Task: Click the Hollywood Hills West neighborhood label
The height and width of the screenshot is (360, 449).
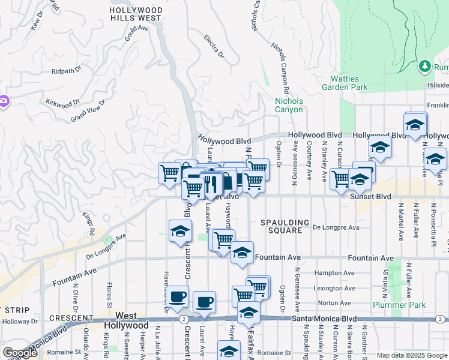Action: [x=136, y=14]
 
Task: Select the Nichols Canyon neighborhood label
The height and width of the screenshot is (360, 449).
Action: [x=289, y=105]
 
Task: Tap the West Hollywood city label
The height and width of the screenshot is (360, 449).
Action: [x=126, y=320]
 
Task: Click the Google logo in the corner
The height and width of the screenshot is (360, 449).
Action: [x=20, y=352]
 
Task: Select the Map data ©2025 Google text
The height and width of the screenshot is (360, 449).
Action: [x=412, y=355]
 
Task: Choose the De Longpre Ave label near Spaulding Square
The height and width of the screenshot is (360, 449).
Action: [x=336, y=227]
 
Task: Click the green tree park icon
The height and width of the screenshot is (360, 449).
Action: [x=425, y=65]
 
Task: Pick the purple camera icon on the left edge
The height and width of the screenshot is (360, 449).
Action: [x=4, y=101]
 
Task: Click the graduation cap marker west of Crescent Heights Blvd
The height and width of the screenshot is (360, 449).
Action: [x=179, y=232]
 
